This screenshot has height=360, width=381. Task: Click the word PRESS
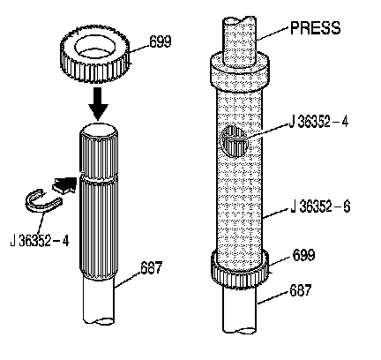[x=315, y=28]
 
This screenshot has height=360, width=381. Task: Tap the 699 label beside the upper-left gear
[x=161, y=41]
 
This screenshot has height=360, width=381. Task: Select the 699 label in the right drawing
[x=303, y=255]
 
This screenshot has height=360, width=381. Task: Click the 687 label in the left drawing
[x=151, y=267]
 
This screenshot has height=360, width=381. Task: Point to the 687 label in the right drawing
[x=301, y=290]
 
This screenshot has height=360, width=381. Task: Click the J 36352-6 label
[x=320, y=206]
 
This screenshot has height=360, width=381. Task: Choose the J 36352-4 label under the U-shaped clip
[x=40, y=241]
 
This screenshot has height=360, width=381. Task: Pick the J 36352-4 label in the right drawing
[x=318, y=122]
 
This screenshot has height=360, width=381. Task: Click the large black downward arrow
[x=99, y=103]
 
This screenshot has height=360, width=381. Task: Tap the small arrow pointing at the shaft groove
[x=64, y=184]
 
